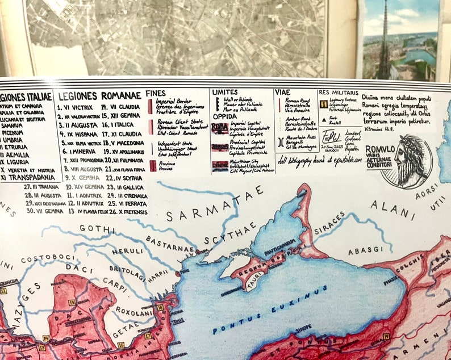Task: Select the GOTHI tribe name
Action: coord(94,229)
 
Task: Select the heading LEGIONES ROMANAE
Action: coord(99,95)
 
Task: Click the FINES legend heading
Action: coord(156,93)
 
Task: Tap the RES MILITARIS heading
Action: coord(339,92)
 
